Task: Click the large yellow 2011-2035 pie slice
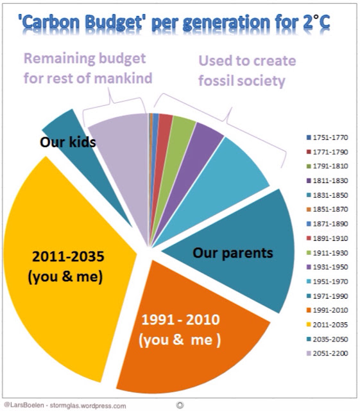pos(65,270)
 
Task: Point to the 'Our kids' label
pos(68,142)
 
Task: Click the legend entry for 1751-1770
pos(327,137)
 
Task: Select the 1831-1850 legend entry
pos(327,195)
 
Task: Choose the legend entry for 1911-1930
pos(327,253)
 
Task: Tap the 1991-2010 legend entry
pos(327,310)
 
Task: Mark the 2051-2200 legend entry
pos(327,353)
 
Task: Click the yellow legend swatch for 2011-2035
pos(309,325)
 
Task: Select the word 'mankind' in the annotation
pos(123,78)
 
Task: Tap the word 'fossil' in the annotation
pos(216,80)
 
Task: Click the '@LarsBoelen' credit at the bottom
pos(24,405)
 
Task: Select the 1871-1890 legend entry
pos(327,224)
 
